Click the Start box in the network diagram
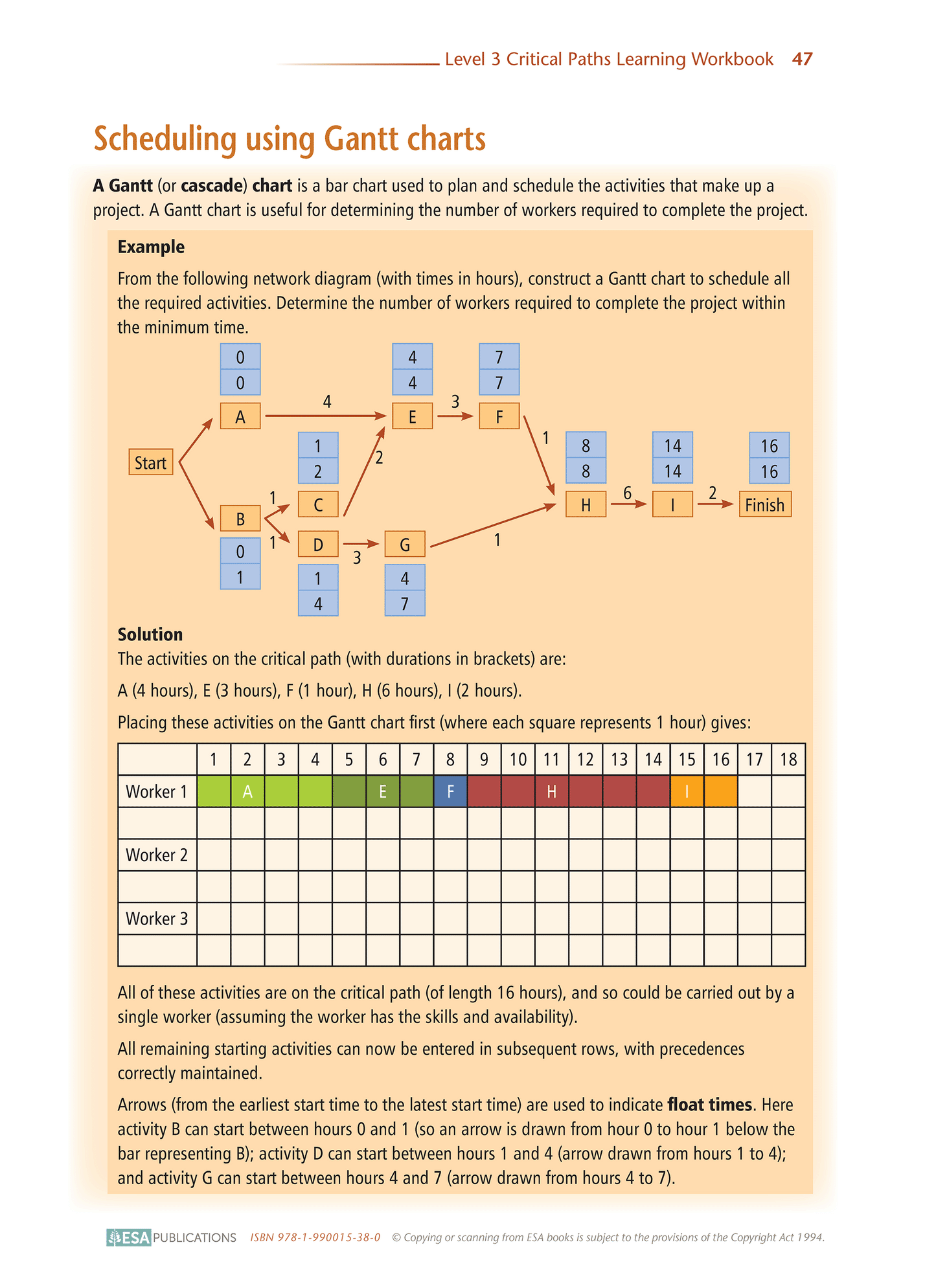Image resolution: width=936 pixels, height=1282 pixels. [x=151, y=462]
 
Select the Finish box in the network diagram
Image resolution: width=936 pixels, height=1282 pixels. [x=765, y=504]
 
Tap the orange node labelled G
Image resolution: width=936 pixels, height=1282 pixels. [x=405, y=545]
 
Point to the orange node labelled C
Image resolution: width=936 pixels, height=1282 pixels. [x=318, y=504]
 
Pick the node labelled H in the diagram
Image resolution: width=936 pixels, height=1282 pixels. [x=586, y=504]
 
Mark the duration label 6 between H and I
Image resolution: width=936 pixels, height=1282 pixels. [x=627, y=493]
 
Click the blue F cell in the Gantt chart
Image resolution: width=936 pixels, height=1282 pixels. [x=450, y=791]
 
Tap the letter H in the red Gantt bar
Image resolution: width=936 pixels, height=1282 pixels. [x=551, y=791]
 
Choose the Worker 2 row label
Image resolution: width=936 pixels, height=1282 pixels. [x=157, y=855]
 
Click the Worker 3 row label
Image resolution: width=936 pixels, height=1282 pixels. [x=157, y=919]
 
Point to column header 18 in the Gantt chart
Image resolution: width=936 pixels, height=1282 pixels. [x=788, y=759]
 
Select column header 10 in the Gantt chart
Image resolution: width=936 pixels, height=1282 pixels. [x=518, y=759]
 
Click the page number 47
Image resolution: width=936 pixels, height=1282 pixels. [x=802, y=59]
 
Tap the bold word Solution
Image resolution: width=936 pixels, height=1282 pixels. [x=150, y=635]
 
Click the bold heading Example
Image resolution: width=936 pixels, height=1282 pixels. [x=151, y=247]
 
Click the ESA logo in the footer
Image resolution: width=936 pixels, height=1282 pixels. [x=129, y=1237]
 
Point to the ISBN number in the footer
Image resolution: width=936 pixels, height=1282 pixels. [x=315, y=1237]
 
